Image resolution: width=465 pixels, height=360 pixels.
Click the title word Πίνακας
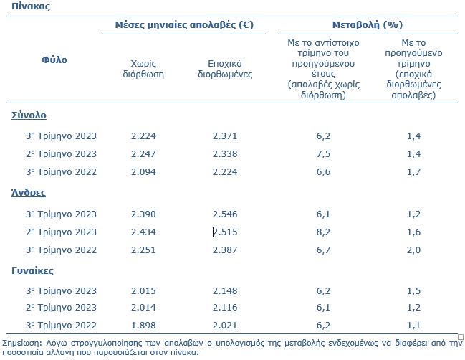tap(31, 6)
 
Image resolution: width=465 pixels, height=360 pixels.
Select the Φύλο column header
tap(54, 60)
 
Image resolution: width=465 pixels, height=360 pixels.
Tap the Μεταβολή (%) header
tap(368, 24)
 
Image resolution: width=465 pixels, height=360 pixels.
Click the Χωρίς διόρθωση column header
tap(143, 69)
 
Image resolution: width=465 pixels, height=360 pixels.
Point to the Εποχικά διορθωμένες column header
tap(225, 69)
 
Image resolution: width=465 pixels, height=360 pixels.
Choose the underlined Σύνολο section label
tap(29, 115)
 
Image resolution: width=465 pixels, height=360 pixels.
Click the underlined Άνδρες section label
tap(29, 193)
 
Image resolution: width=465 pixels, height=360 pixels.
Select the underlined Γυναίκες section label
tap(32, 270)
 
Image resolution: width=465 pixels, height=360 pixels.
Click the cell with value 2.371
tap(225, 136)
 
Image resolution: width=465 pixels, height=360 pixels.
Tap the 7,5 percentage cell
tap(323, 154)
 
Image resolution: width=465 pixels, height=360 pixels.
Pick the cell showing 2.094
tap(143, 172)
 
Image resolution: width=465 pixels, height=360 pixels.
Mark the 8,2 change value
tap(323, 232)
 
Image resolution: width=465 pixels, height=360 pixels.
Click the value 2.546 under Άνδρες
tap(225, 214)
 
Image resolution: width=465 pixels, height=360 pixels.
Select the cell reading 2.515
tap(225, 232)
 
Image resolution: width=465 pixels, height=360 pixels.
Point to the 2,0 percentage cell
tap(413, 250)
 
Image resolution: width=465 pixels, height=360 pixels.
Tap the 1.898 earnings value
tap(143, 326)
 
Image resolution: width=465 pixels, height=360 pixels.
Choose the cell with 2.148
tap(225, 291)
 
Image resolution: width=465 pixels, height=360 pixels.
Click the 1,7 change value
tap(413, 172)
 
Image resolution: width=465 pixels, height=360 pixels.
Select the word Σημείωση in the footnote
tap(21, 343)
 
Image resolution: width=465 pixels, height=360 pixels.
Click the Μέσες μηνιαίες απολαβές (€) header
tap(184, 24)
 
